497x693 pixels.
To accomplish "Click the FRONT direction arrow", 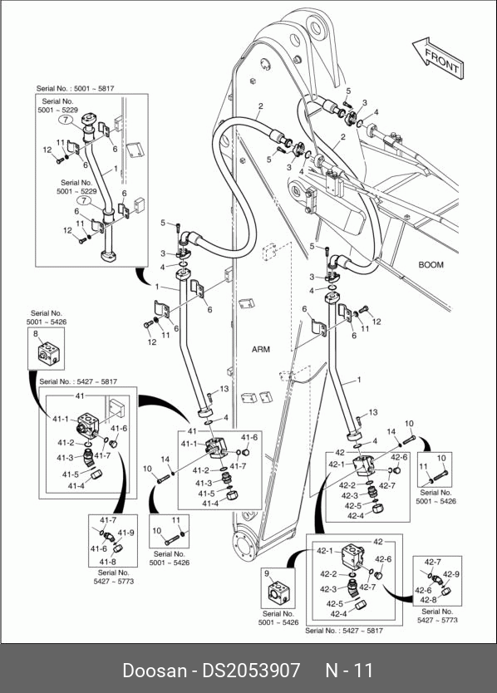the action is pyautogui.click(x=438, y=58).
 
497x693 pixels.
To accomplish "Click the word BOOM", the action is pyautogui.click(x=431, y=265).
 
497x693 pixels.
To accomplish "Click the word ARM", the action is pyautogui.click(x=260, y=350).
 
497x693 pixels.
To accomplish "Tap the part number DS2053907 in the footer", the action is pyautogui.click(x=251, y=671).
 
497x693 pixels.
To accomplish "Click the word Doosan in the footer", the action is pyautogui.click(x=155, y=671).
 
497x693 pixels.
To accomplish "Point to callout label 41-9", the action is pyautogui.click(x=125, y=533).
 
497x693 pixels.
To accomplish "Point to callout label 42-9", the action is pyautogui.click(x=451, y=574).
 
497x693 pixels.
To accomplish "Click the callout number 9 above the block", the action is pyautogui.click(x=267, y=573).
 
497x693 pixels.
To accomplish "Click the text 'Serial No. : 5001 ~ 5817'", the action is pyautogui.click(x=75, y=88).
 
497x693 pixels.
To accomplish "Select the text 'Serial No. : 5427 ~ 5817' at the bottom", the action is pyautogui.click(x=344, y=631).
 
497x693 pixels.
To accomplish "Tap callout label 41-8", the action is pyautogui.click(x=107, y=562).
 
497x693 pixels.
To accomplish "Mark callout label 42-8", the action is pyautogui.click(x=428, y=600).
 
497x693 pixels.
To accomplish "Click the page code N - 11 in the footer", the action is pyautogui.click(x=349, y=671).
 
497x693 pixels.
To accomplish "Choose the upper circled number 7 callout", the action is pyautogui.click(x=66, y=120).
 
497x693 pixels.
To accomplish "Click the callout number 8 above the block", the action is pyautogui.click(x=36, y=334).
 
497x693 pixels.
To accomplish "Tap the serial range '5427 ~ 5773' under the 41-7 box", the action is pyautogui.click(x=114, y=581).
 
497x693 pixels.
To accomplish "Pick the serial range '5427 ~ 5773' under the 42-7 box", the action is pyautogui.click(x=437, y=620).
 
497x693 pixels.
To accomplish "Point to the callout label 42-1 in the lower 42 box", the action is pyautogui.click(x=325, y=551).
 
